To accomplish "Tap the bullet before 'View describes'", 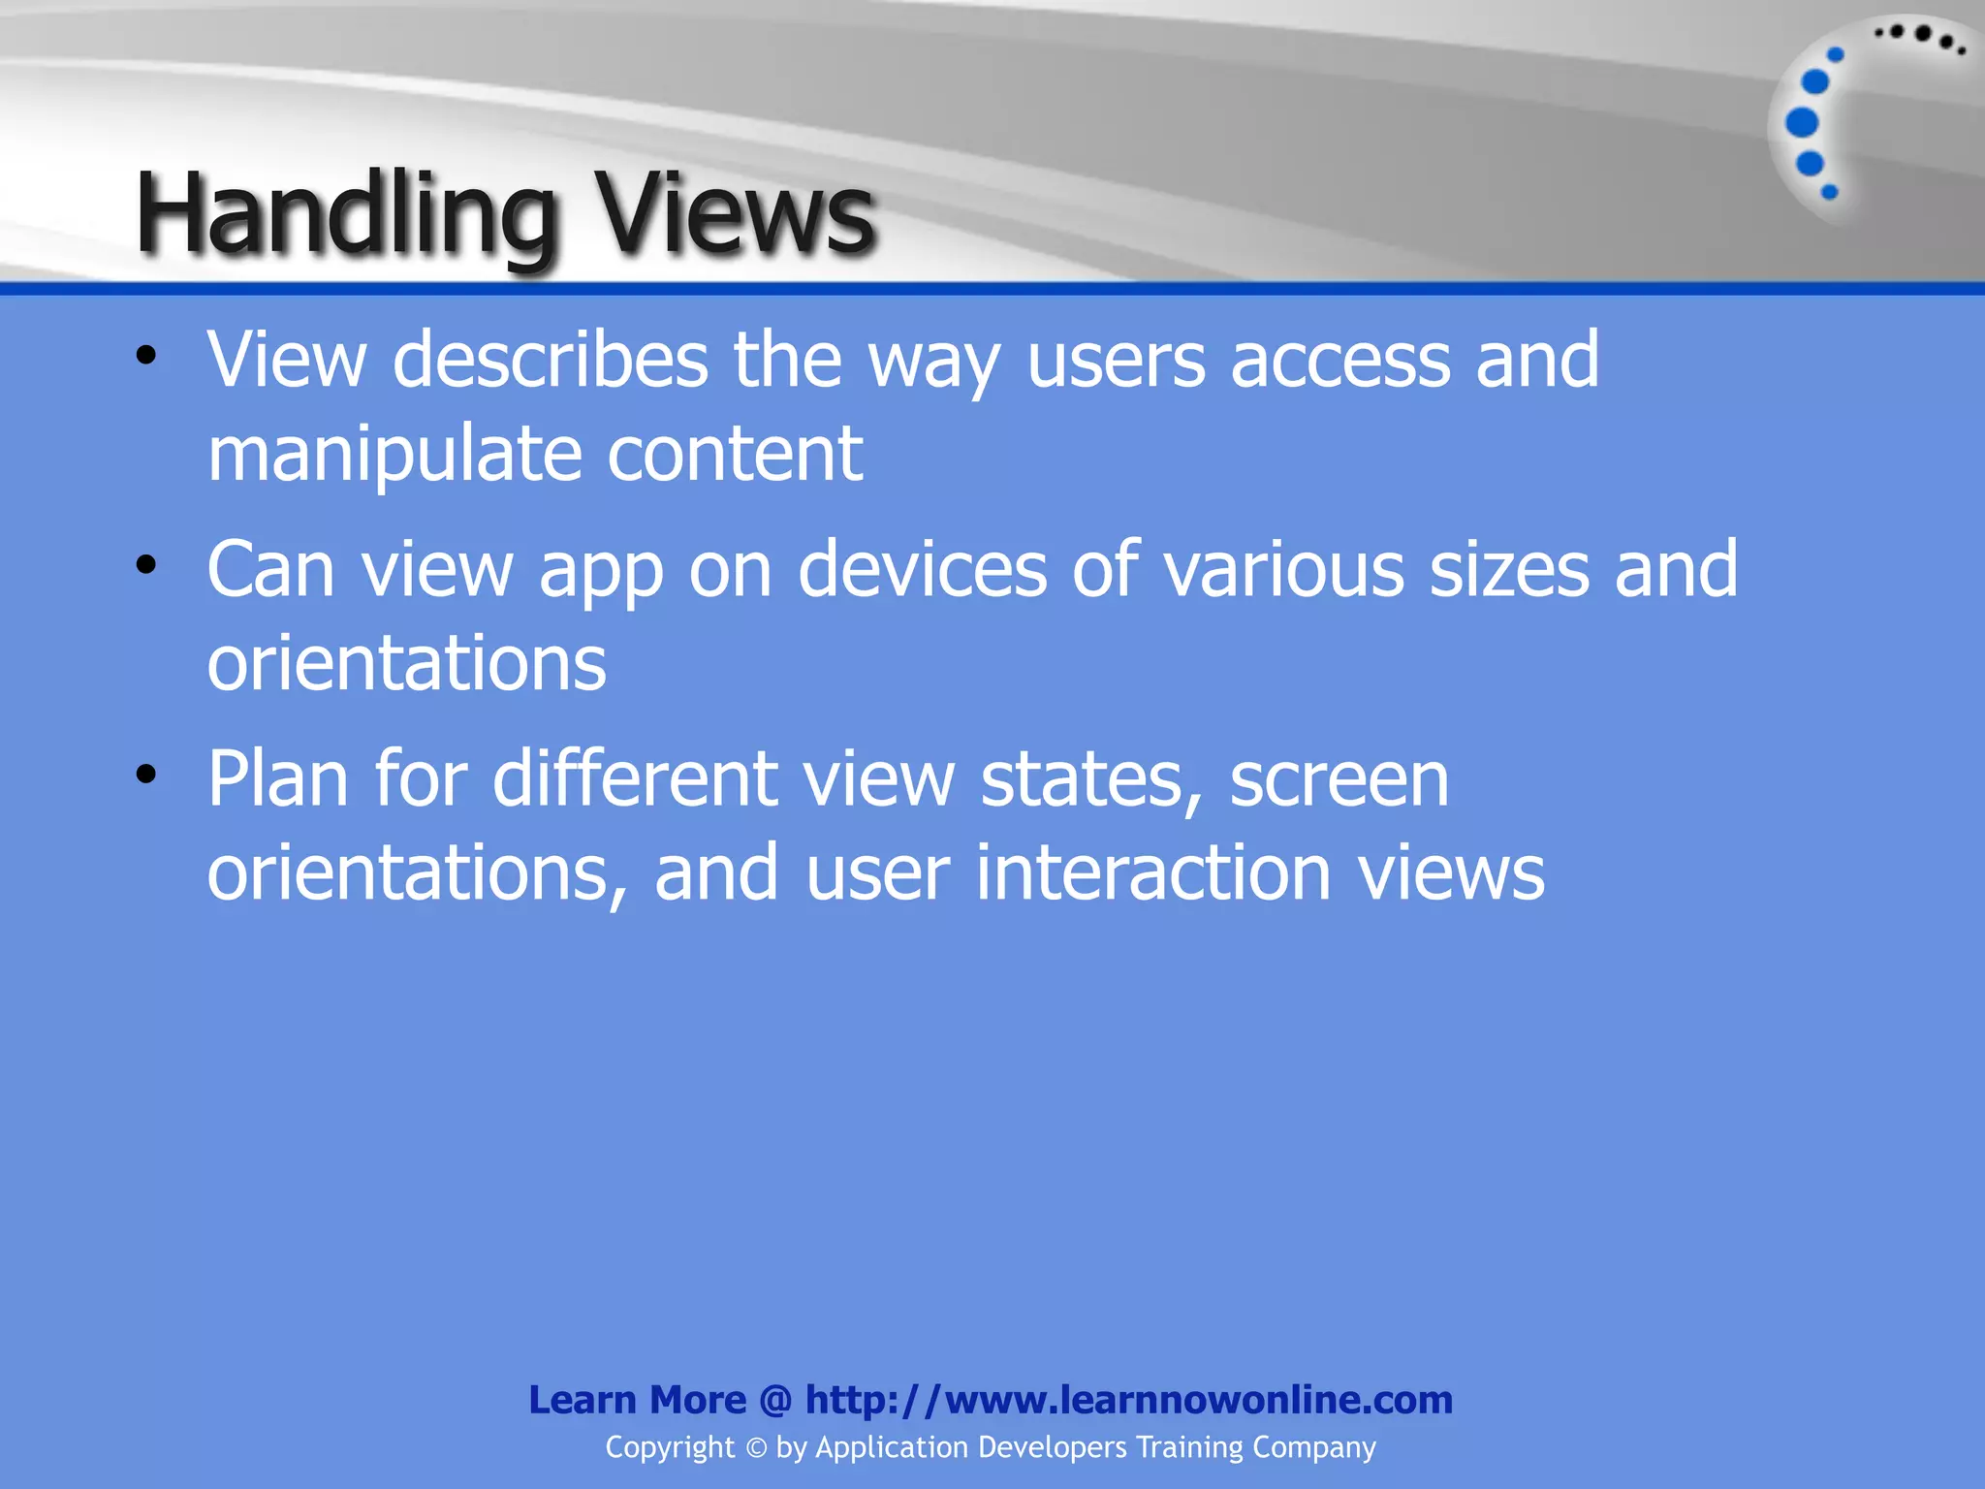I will coord(146,356).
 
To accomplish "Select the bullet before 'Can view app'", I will coord(146,565).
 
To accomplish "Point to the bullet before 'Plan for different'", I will coord(146,775).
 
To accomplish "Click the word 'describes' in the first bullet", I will coord(550,360).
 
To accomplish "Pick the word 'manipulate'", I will coord(394,454).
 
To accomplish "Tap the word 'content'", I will coord(734,454).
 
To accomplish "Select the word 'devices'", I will coord(922,569).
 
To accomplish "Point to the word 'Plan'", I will coord(278,778).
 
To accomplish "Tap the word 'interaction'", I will coord(1152,872).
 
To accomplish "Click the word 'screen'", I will coord(1339,780).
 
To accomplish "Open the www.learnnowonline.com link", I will coord(1128,1400).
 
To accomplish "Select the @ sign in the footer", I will coord(775,1400).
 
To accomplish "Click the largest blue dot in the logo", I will coord(1802,123).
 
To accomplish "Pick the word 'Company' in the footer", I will coord(1313,1448).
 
